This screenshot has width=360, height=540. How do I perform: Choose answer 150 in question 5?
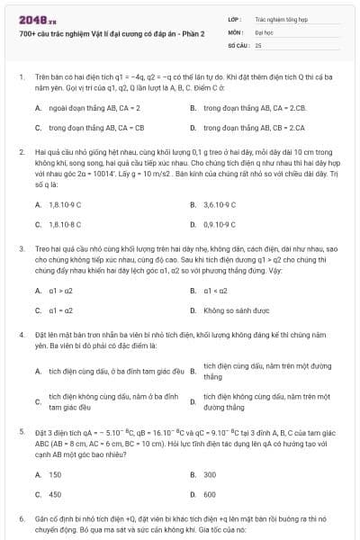coord(55,474)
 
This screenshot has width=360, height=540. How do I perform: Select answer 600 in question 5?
coord(210,494)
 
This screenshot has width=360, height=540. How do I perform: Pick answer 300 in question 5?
coord(210,474)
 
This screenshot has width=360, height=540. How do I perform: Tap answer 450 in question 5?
coord(55,494)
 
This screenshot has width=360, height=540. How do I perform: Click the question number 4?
coord(22,334)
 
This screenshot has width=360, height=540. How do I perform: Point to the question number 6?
coord(22,519)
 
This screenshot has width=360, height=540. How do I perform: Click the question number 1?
coord(22,77)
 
